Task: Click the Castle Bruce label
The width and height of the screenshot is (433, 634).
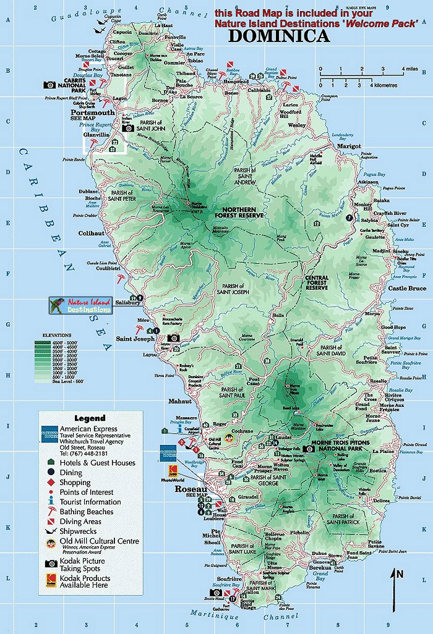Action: (x=407, y=289)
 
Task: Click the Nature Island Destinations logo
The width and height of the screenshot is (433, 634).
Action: (x=80, y=305)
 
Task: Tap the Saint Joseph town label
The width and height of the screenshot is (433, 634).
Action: (x=136, y=339)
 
